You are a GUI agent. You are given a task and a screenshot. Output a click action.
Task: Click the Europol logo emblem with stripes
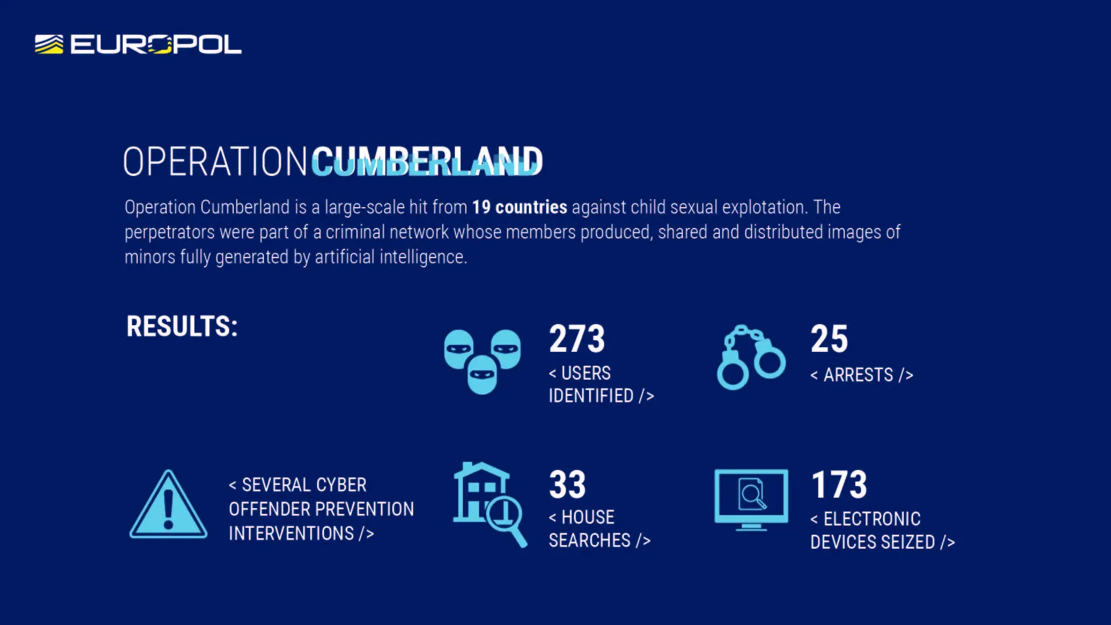click(49, 45)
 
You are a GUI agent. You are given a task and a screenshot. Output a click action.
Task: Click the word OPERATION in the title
click(215, 161)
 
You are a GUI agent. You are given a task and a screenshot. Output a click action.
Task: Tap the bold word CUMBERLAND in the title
click(427, 161)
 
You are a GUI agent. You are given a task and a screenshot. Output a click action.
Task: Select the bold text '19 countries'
click(520, 207)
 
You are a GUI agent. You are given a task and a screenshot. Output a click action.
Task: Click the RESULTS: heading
click(182, 326)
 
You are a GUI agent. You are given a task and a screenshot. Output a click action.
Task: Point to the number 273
click(577, 339)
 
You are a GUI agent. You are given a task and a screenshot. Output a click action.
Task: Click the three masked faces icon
click(482, 362)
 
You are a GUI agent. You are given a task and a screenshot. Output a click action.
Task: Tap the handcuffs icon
click(751, 357)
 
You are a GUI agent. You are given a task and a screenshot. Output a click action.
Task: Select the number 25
click(829, 339)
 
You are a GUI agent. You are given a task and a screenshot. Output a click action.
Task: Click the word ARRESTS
click(858, 375)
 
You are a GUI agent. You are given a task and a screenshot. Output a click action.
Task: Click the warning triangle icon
click(168, 505)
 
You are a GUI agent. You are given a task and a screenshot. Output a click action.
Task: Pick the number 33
click(568, 484)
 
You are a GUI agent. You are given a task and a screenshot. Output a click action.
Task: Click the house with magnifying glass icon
click(490, 504)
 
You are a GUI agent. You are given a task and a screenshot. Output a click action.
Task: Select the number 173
click(839, 484)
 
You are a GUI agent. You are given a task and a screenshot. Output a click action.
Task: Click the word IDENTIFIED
click(591, 396)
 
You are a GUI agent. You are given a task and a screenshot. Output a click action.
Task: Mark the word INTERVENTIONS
click(291, 534)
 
